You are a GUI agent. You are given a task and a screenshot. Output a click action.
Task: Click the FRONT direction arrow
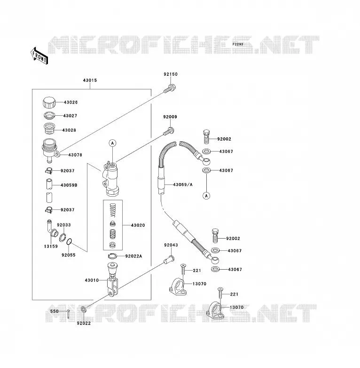pyautogui.click(x=39, y=56)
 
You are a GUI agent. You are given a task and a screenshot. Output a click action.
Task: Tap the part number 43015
pyautogui.click(x=90, y=80)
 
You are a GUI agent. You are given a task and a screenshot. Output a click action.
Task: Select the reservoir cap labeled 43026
pyautogui.click(x=49, y=102)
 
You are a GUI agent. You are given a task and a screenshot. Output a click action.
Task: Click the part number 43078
pyautogui.click(x=75, y=155)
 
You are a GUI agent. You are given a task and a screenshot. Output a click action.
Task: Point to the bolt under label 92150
pyautogui.click(x=170, y=89)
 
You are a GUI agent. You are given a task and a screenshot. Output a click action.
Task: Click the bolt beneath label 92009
pyautogui.click(x=169, y=131)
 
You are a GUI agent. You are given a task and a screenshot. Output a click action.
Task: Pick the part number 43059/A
pyautogui.click(x=183, y=184)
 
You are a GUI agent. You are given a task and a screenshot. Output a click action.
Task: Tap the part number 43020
pyautogui.click(x=138, y=225)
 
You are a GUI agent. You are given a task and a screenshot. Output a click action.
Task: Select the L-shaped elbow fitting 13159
pyautogui.click(x=52, y=229)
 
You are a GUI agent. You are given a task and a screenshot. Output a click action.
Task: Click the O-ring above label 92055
pyautogui.click(x=70, y=241)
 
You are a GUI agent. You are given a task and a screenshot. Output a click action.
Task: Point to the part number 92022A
pyautogui.click(x=133, y=256)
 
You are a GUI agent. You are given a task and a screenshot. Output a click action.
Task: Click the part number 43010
pyautogui.click(x=92, y=280)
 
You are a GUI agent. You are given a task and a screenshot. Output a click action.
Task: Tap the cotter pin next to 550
pyautogui.click(x=68, y=313)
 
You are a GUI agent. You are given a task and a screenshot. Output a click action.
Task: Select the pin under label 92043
pyautogui.click(x=169, y=260)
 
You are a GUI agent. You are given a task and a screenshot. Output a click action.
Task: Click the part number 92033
pyautogui.click(x=64, y=225)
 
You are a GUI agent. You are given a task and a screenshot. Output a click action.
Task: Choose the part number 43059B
pyautogui.click(x=69, y=185)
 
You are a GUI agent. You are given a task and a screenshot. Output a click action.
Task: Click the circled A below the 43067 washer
pyautogui.click(x=206, y=195)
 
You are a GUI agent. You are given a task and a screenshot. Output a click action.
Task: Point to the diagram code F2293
pyautogui.click(x=238, y=44)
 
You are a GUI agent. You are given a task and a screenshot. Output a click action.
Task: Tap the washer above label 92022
pyautogui.click(x=84, y=309)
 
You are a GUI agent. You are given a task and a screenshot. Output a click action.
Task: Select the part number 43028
pyautogui.click(x=69, y=130)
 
